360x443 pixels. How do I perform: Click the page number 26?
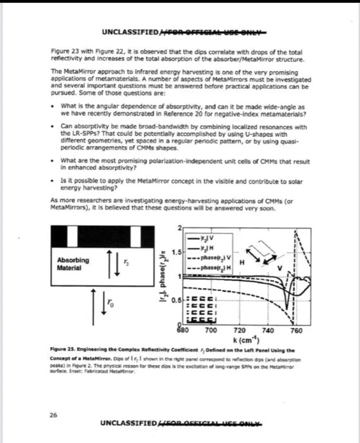click(x=53, y=415)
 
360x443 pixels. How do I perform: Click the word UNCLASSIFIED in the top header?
click(x=130, y=32)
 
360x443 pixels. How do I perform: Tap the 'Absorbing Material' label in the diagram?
click(x=73, y=264)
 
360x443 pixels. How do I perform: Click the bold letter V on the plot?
click(x=280, y=268)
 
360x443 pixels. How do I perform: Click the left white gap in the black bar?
click(x=72, y=234)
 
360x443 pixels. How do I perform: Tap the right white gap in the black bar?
click(x=135, y=234)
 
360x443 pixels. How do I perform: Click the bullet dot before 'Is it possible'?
click(x=54, y=180)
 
